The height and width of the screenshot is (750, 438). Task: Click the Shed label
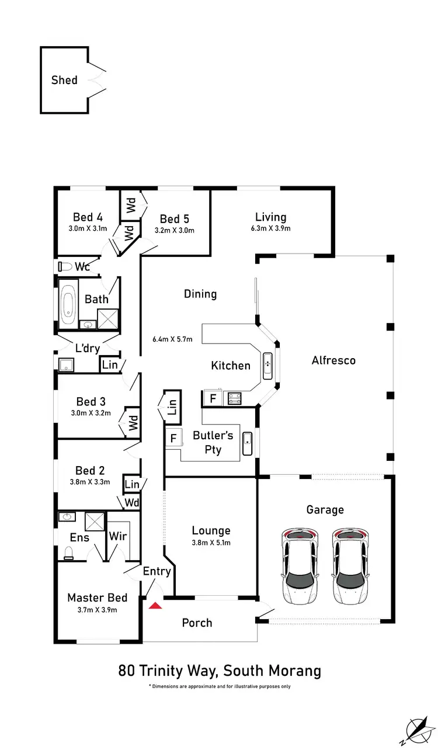click(x=64, y=80)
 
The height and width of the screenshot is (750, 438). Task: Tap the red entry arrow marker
click(x=155, y=605)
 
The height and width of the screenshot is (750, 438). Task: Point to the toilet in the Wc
click(x=65, y=266)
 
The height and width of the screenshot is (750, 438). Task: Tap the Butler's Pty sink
click(x=248, y=443)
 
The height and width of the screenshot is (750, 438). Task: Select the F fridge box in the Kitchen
click(x=212, y=398)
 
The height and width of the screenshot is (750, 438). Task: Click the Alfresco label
click(x=333, y=360)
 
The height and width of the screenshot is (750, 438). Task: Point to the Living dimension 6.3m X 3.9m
click(x=271, y=228)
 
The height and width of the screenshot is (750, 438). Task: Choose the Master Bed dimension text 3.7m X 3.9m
click(x=98, y=610)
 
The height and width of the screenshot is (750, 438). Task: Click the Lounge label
click(x=211, y=531)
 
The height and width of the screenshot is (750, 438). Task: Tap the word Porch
click(x=197, y=623)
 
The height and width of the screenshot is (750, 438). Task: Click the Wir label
click(x=118, y=536)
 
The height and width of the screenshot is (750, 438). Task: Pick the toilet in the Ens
click(x=69, y=553)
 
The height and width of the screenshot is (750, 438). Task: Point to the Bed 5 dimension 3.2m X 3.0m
click(x=174, y=231)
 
